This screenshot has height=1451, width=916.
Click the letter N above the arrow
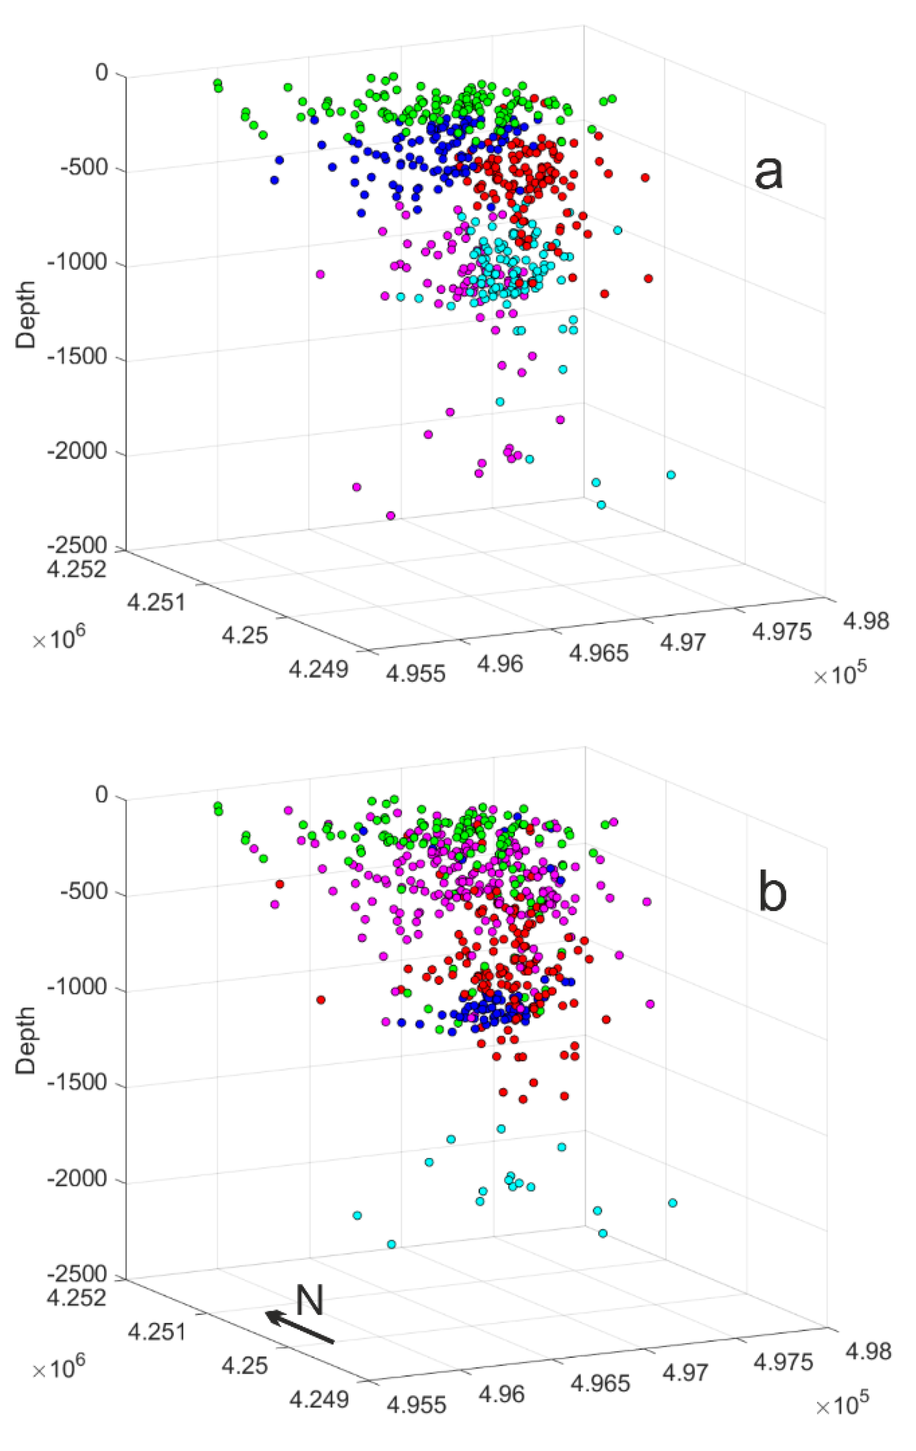(x=310, y=1300)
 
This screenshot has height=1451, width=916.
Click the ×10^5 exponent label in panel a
(x=840, y=676)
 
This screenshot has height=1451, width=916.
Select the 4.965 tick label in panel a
(x=600, y=653)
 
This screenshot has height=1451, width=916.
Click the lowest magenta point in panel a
(x=391, y=516)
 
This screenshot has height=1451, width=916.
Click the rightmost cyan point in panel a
(x=671, y=475)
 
